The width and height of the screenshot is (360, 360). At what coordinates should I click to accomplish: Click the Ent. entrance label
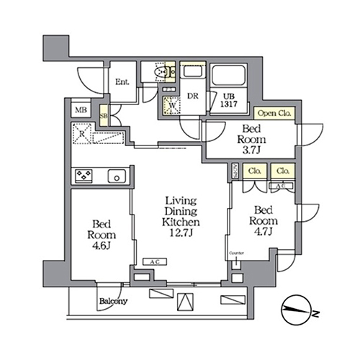[x=122, y=82]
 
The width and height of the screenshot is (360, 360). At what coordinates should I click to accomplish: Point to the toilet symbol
[x=164, y=73]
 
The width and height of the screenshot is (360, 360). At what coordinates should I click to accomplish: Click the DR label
[x=193, y=95]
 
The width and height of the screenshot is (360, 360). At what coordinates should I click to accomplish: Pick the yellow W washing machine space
[x=172, y=106]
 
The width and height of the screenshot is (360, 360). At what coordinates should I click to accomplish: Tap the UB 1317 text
[x=228, y=101]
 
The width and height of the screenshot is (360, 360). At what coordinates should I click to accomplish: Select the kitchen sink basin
[x=114, y=175]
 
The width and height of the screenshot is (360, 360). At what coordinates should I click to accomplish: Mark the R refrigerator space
[x=85, y=135]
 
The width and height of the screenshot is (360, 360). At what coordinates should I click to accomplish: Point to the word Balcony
[x=114, y=301]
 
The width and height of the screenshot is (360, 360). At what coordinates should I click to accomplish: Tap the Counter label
[x=236, y=254]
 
